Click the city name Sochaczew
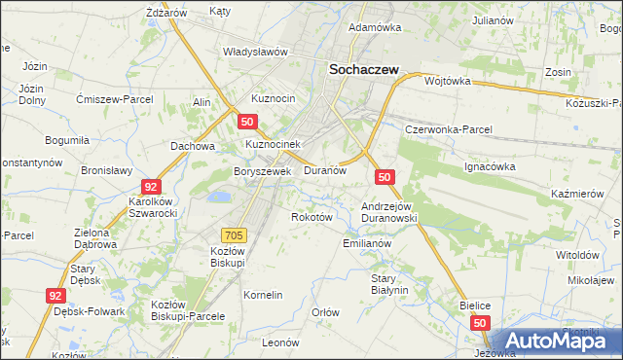pos(369,70)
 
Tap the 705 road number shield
pos(234,234)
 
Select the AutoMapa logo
pos(556,341)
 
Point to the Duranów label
pos(325,169)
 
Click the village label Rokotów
pos(312,217)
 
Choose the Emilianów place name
pos(367,243)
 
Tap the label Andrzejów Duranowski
pos(389,212)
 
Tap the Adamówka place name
pos(375,27)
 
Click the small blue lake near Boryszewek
pos(221,197)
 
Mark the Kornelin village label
pos(263,294)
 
